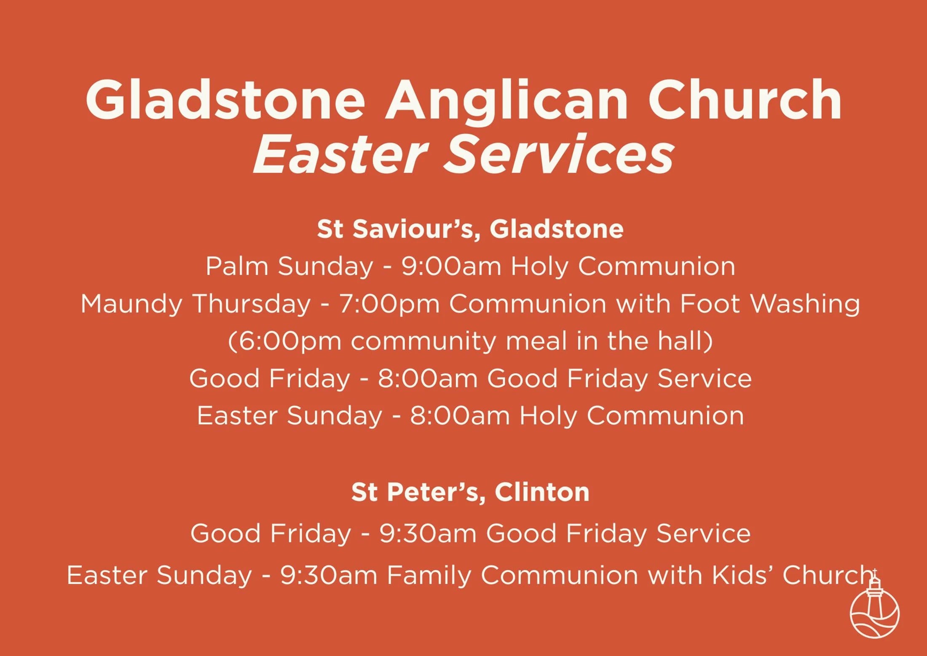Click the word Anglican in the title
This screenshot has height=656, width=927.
507,101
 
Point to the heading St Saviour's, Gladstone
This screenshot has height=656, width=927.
470,229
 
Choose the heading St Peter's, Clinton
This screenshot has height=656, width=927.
470,492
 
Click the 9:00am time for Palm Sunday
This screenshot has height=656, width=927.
451,267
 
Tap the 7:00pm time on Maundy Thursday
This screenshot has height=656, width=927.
389,304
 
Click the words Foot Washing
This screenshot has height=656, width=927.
770,304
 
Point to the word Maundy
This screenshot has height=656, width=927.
131,304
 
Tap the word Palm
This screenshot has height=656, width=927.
237,267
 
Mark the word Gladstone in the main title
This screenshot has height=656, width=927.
225,101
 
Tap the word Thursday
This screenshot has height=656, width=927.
252,304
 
